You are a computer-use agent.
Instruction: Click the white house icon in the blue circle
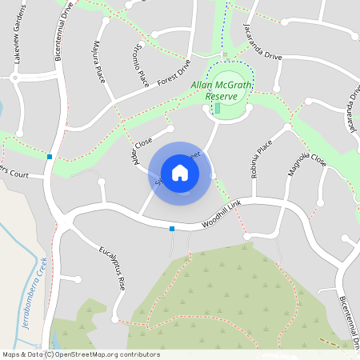[180, 173]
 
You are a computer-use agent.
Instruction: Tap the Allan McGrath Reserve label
[215, 90]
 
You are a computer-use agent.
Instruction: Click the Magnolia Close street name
[308, 170]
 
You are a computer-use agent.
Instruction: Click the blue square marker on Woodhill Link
[172, 230]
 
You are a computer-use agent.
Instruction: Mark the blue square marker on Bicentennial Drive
[50, 157]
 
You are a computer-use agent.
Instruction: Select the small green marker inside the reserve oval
[217, 107]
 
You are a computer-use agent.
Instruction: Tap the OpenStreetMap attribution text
[81, 354]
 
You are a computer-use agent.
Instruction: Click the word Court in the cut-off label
[20, 173]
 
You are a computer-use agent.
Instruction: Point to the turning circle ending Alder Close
[170, 128]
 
